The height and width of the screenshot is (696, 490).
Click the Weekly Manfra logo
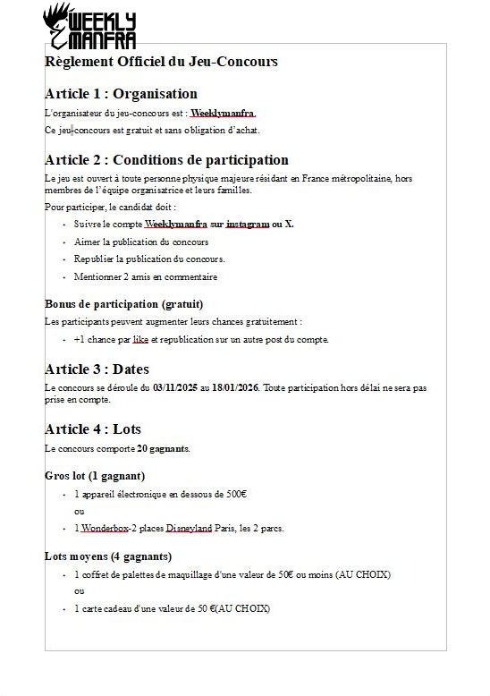tap(89, 27)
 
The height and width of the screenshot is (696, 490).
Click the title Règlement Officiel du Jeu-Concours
tap(161, 62)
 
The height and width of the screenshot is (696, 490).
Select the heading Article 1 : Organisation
tap(121, 94)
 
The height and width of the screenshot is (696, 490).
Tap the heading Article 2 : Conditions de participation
tap(166, 160)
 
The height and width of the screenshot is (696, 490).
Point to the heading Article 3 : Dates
tap(97, 369)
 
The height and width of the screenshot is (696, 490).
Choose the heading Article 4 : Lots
tap(93, 429)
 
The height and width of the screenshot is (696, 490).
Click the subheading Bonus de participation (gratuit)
tap(123, 304)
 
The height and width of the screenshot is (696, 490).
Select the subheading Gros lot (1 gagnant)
tap(95, 476)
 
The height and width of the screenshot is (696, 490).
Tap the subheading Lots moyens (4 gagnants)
tap(108, 556)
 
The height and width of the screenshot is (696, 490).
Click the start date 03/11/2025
tap(175, 387)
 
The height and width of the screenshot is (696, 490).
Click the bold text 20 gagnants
tap(163, 448)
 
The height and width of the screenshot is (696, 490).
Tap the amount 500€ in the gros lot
tap(235, 494)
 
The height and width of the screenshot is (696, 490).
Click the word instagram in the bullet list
tap(247, 224)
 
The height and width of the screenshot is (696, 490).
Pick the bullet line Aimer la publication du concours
tap(141, 242)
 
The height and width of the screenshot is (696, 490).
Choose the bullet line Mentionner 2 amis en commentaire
tap(146, 276)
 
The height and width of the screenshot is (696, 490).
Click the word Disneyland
tap(189, 528)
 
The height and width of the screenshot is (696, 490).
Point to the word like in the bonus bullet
tap(140, 339)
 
